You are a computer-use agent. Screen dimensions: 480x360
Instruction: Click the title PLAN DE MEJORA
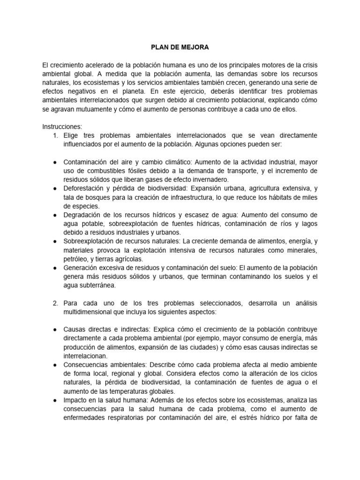(180, 47)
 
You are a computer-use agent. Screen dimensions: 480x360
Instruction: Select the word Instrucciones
(61, 127)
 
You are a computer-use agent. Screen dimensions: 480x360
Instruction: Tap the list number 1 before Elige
(56, 135)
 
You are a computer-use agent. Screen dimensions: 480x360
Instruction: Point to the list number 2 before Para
(56, 303)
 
